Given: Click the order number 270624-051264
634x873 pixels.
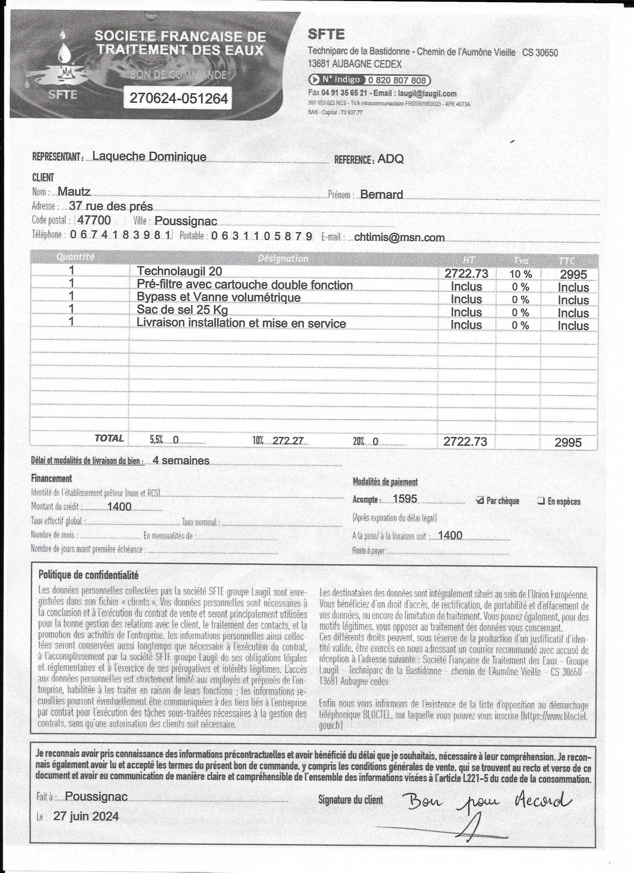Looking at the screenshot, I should click(x=179, y=99).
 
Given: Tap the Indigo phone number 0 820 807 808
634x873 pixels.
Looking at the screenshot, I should click(x=397, y=81).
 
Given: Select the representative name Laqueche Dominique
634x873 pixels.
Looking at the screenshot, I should click(x=150, y=156).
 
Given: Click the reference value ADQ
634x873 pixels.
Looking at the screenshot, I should click(x=391, y=159).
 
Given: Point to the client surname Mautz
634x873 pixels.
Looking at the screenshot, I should click(x=74, y=191).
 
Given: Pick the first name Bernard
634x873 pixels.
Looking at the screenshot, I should click(x=381, y=195).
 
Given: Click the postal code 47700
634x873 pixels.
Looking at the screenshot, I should click(x=94, y=220).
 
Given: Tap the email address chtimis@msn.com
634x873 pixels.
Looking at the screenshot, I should click(x=399, y=237).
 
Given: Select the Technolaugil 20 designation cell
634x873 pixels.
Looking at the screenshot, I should click(x=179, y=271).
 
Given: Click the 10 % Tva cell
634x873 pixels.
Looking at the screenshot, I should click(x=521, y=274).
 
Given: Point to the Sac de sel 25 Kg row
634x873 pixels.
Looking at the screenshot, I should click(x=182, y=310).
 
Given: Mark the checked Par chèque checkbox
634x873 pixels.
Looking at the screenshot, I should click(x=479, y=500).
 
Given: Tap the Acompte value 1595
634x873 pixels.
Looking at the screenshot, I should click(x=405, y=499).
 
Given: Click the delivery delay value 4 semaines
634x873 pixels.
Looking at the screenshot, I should click(x=181, y=460).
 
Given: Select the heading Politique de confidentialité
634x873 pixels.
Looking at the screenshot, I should click(x=88, y=575).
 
